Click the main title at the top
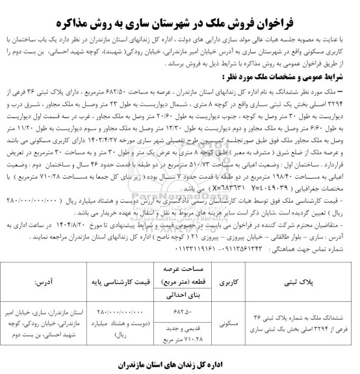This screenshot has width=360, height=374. tap(179, 11)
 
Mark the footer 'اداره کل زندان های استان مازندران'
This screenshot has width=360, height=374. tap(180, 364)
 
